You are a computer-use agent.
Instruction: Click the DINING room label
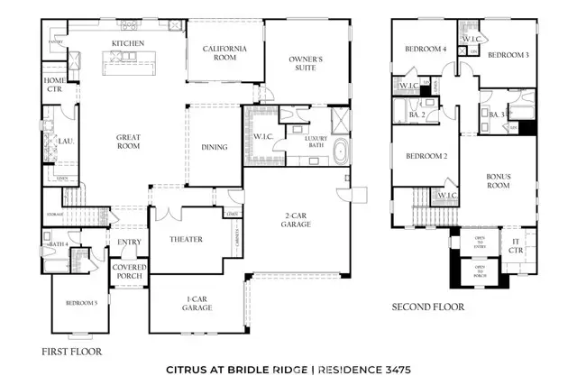tap(215, 148)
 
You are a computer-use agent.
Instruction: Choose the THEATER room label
tap(186, 239)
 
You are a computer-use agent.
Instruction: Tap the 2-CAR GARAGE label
tap(296, 218)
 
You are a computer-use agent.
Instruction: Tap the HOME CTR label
tap(54, 84)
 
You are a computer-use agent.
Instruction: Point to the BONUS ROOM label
tap(499, 181)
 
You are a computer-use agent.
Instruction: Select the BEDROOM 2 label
tap(426, 156)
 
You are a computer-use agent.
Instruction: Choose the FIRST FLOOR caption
tap(72, 351)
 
